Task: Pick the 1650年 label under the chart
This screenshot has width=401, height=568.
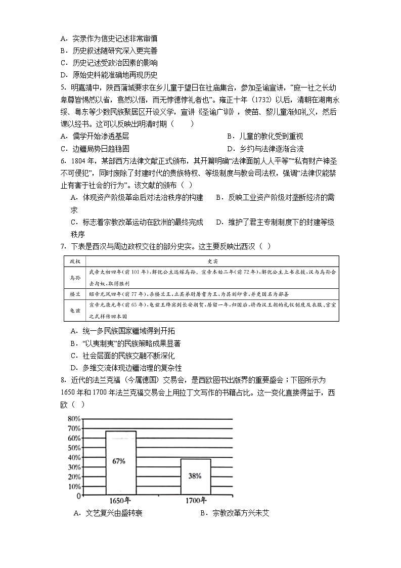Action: coord(121,501)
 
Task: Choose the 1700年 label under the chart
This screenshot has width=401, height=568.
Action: coord(196,501)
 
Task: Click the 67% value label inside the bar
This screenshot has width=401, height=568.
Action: coord(120,461)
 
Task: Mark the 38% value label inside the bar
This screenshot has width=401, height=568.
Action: coord(195,476)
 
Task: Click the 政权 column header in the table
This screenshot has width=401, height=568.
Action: coord(75,261)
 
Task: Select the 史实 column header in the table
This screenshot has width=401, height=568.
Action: coord(212,261)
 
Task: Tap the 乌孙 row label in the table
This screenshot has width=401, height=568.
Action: coord(75,277)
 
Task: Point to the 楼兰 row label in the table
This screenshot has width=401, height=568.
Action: coord(75,294)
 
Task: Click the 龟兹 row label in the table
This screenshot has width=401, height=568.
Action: coord(75,311)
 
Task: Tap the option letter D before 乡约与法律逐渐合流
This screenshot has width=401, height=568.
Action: coord(230,149)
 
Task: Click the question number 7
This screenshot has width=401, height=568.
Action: coord(62,246)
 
